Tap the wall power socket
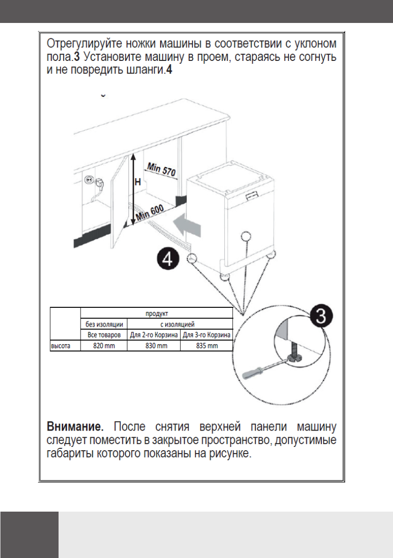[x=89, y=180]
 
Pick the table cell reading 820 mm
[x=104, y=346]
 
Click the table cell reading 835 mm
[x=207, y=346]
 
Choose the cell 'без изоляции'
[x=104, y=324]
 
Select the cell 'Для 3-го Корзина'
[x=207, y=335]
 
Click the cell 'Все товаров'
[x=104, y=335]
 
